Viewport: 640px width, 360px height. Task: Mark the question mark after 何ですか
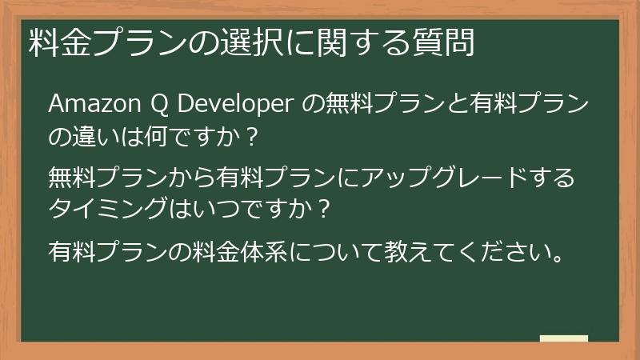253,138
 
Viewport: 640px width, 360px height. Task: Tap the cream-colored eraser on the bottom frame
563,338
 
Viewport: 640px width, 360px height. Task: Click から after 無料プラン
170,178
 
